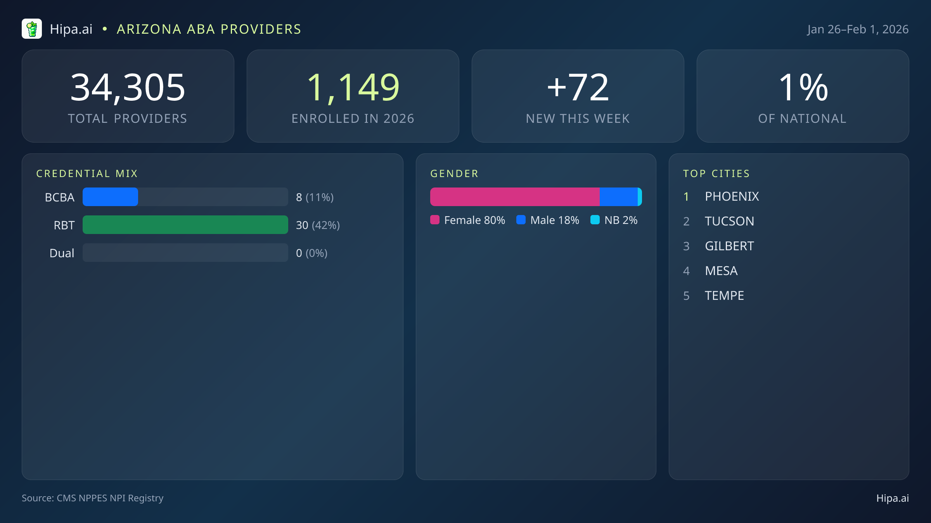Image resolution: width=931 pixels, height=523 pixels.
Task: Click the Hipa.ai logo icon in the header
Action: tap(32, 29)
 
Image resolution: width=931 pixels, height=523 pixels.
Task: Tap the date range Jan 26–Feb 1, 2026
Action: tap(858, 29)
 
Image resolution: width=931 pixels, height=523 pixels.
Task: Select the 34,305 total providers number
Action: tap(128, 88)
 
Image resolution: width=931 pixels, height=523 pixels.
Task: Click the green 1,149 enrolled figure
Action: tap(353, 88)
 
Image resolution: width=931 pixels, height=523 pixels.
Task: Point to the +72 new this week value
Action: tap(578, 88)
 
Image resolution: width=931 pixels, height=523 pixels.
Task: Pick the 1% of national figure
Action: tap(803, 88)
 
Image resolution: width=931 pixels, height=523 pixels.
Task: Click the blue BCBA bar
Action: tap(110, 197)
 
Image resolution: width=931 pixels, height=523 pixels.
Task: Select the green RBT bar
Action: tap(185, 225)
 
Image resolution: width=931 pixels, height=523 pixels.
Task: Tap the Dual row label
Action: tap(62, 253)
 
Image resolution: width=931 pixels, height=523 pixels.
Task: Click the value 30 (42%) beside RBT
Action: tap(318, 225)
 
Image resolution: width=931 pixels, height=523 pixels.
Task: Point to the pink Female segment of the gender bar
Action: tap(514, 197)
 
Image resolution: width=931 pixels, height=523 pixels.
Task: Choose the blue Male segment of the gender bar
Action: tap(618, 197)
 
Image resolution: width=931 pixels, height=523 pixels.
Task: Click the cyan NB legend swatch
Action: tap(595, 220)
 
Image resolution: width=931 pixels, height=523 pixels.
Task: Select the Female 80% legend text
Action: tap(474, 220)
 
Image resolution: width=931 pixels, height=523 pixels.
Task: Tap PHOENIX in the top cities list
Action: tap(732, 196)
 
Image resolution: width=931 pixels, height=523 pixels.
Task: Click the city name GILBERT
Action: tap(729, 246)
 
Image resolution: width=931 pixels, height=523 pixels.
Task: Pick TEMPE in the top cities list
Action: tap(724, 296)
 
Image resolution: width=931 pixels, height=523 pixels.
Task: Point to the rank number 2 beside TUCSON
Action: tap(686, 221)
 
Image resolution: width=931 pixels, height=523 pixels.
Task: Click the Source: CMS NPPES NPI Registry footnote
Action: tap(92, 498)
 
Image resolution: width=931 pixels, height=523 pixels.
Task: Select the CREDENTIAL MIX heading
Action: tap(87, 174)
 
